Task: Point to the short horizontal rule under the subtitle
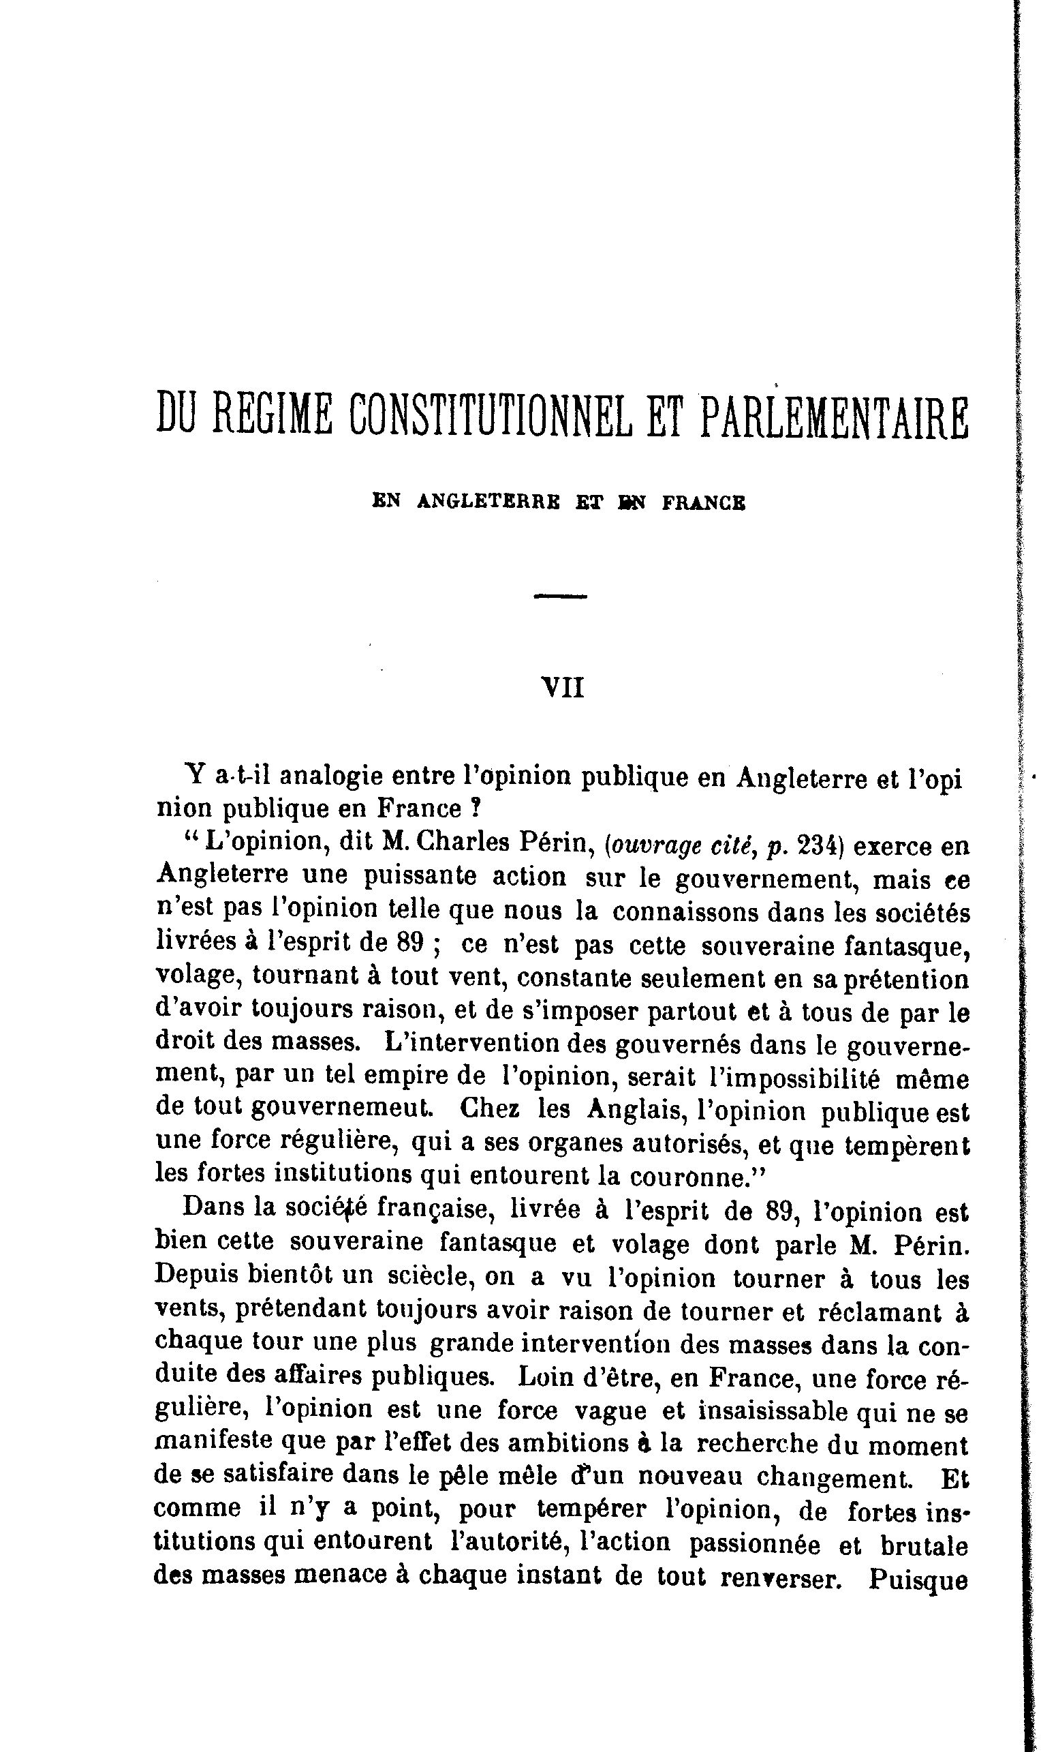click(x=560, y=596)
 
